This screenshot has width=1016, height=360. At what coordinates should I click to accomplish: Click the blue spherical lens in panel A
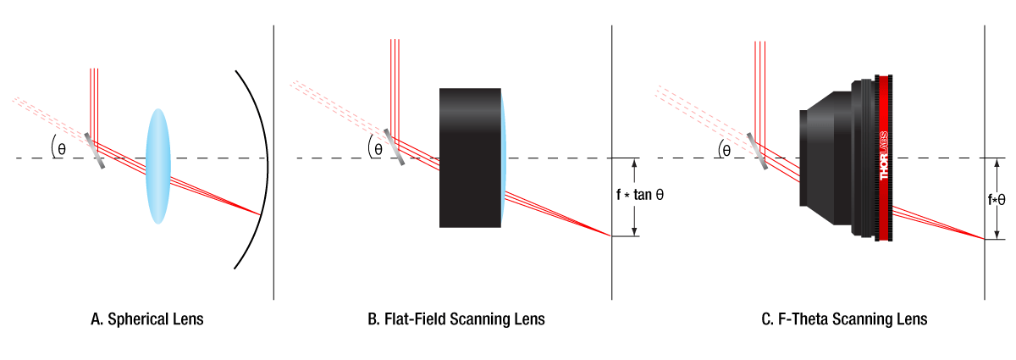pyautogui.click(x=157, y=166)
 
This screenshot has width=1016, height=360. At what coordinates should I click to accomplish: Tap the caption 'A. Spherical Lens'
pyautogui.click(x=147, y=319)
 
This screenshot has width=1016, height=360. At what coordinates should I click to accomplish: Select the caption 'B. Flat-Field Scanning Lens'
pyautogui.click(x=456, y=319)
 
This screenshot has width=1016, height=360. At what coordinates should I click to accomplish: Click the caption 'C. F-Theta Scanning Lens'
pyautogui.click(x=844, y=319)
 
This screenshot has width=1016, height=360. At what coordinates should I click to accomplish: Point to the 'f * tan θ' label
pyautogui.click(x=639, y=195)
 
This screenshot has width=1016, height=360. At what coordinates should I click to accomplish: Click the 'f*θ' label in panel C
pyautogui.click(x=997, y=199)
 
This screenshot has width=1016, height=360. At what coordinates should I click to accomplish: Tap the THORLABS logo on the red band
pyautogui.click(x=884, y=156)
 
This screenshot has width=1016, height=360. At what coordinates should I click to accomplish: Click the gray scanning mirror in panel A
pyautogui.click(x=94, y=151)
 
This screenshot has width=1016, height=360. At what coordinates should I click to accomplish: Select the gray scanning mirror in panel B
pyautogui.click(x=395, y=147)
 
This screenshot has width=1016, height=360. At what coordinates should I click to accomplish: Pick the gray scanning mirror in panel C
pyautogui.click(x=758, y=151)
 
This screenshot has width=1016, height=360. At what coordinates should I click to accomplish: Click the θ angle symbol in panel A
pyautogui.click(x=62, y=149)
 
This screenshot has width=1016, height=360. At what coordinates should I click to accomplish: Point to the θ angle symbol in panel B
pyautogui.click(x=378, y=149)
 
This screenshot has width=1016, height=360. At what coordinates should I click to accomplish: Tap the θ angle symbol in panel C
pyautogui.click(x=726, y=151)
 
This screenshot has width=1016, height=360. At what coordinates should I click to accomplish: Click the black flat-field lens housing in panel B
pyautogui.click(x=470, y=158)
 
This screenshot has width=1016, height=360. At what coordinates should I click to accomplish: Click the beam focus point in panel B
pyautogui.click(x=610, y=236)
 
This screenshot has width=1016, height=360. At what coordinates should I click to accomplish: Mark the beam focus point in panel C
pyautogui.click(x=983, y=239)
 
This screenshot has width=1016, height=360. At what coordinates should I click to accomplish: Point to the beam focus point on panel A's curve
pyautogui.click(x=261, y=214)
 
